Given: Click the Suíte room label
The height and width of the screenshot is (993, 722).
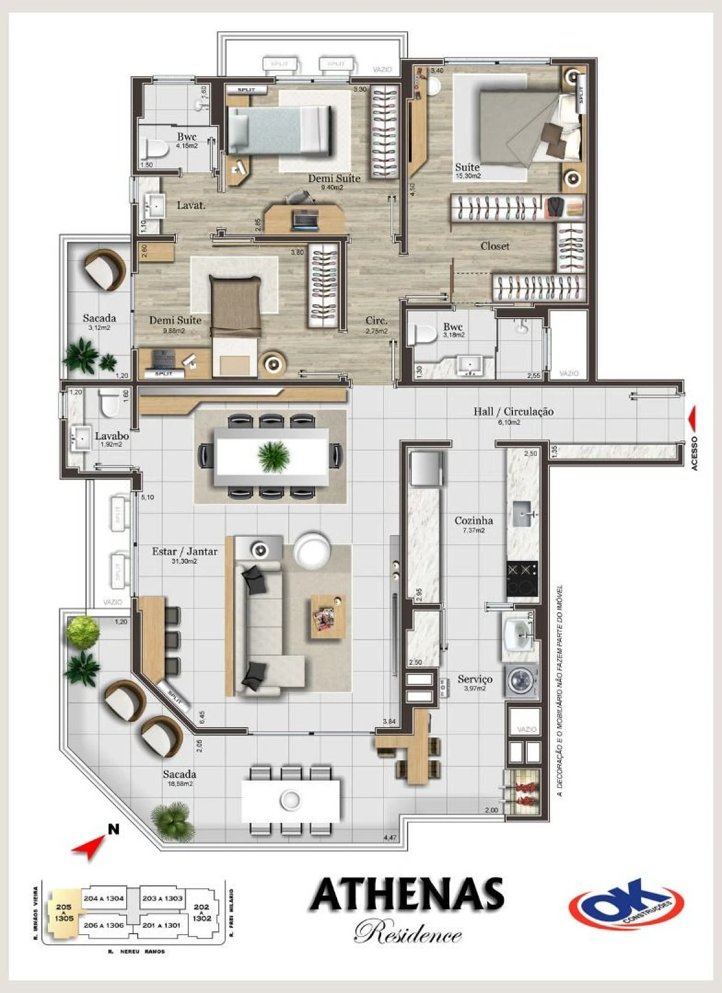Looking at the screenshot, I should point(467,168).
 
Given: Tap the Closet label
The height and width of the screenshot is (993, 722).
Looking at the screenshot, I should point(495,246).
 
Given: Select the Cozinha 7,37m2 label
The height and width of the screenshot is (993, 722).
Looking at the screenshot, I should point(473,523).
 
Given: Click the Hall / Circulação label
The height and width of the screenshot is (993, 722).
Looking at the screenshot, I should point(513,412).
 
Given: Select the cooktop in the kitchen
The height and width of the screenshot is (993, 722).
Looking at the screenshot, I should point(522,579).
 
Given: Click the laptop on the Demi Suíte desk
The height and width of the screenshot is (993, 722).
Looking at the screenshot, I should point(305,219).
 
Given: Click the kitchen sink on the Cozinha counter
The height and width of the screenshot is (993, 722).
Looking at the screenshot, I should point(522,513).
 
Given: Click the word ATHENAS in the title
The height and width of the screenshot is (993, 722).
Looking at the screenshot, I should point(406,895).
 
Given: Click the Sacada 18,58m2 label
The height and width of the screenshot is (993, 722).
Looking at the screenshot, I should point(180,777).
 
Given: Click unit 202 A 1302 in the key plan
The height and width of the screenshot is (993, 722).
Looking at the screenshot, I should point(202,912).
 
